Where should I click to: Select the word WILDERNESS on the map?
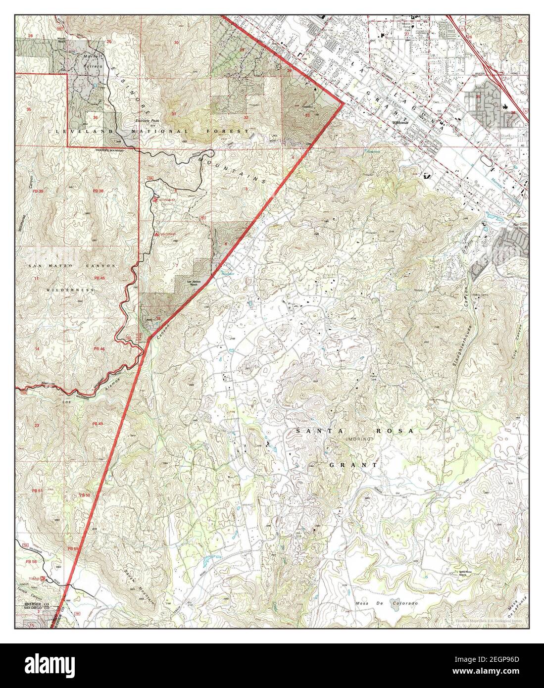[x=71, y=290]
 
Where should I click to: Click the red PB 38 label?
[x=98, y=191]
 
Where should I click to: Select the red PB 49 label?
[x=97, y=424]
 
